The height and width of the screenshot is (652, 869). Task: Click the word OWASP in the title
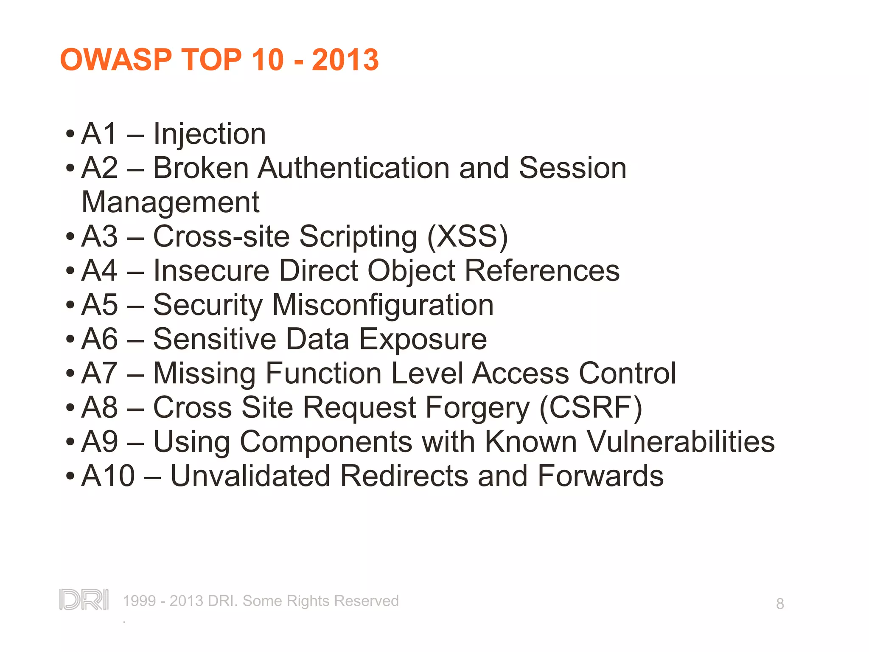116,59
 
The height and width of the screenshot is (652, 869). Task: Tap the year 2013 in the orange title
345,59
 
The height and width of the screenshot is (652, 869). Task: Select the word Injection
209,134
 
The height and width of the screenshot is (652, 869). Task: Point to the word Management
170,202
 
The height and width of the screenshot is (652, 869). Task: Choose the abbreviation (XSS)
467,236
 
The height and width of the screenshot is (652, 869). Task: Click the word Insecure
211,270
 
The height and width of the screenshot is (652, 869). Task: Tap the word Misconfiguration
383,305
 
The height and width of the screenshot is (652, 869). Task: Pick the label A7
99,373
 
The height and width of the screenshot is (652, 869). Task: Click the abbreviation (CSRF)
591,407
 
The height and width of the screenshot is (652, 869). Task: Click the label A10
108,476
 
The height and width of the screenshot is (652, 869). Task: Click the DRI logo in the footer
84,600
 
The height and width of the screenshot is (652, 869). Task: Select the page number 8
780,604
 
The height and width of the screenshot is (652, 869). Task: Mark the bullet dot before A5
70,305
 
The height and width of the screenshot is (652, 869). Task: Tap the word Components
326,442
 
